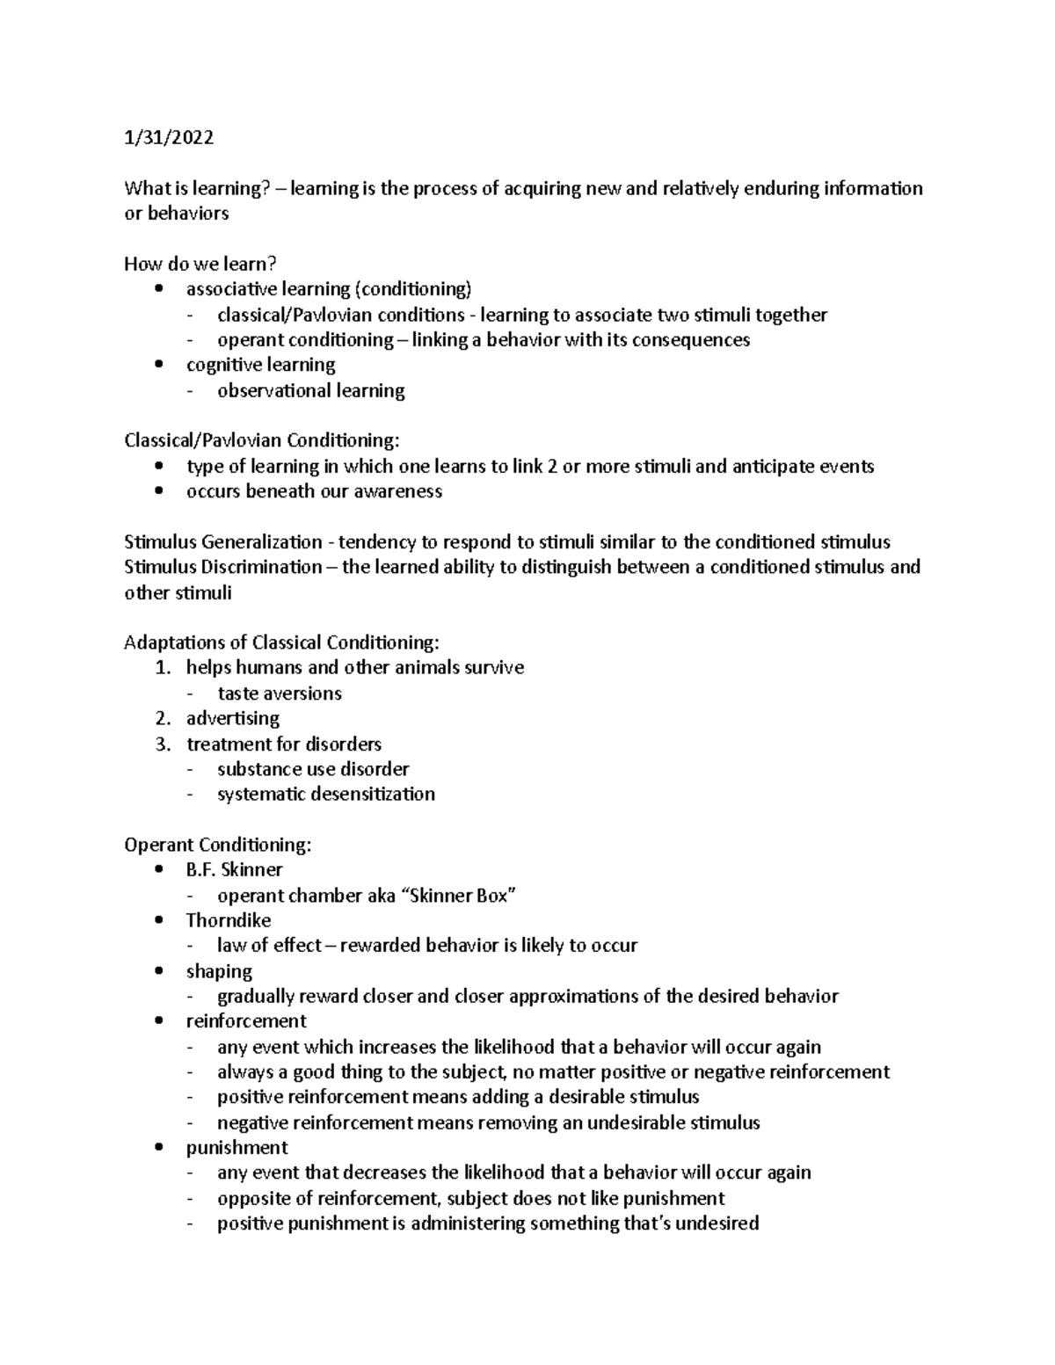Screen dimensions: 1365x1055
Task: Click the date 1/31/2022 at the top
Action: [x=169, y=138]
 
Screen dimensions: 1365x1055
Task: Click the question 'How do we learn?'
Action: [x=200, y=264]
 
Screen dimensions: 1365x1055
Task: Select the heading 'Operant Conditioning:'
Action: [x=217, y=846]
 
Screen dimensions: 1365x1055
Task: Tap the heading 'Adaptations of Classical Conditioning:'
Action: [x=280, y=643]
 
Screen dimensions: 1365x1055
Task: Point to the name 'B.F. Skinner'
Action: [x=234, y=870]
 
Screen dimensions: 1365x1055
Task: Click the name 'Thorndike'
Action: [x=229, y=921]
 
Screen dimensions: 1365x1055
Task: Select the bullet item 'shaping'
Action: [x=219, y=971]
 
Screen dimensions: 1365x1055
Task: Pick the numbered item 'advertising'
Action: [x=233, y=719]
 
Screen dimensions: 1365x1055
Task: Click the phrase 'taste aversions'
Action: [x=280, y=693]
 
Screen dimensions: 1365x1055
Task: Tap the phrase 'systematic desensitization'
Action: [x=326, y=795]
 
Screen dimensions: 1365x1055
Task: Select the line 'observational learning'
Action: [x=311, y=391]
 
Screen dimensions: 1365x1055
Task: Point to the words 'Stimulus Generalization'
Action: [x=223, y=541]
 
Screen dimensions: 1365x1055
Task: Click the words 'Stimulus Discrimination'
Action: [x=223, y=567]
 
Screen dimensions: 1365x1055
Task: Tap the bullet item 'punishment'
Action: [x=236, y=1148]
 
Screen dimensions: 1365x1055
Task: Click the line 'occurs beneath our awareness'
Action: [x=314, y=491]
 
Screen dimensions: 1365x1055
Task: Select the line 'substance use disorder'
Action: [x=313, y=769]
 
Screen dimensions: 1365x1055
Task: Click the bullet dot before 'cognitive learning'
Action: [x=158, y=365]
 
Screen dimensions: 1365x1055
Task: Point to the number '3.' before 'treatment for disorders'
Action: [x=162, y=744]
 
